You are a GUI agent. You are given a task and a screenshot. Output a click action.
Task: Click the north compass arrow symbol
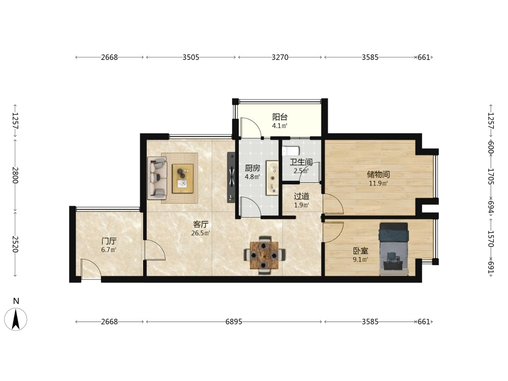(x=16, y=319)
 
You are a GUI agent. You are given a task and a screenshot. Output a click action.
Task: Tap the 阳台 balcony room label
(x=280, y=117)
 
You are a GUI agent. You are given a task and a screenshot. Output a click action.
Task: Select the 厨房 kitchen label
(x=252, y=168)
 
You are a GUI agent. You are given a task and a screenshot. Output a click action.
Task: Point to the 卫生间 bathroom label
(x=301, y=162)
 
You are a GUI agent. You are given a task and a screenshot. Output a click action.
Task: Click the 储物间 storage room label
(x=378, y=175)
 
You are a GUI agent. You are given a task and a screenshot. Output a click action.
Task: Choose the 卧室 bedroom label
(x=361, y=251)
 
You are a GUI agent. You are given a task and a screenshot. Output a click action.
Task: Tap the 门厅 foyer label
(x=109, y=241)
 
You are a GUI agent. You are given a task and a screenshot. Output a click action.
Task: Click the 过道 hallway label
(x=301, y=196)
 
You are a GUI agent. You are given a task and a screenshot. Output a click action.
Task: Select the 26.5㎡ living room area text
(x=201, y=233)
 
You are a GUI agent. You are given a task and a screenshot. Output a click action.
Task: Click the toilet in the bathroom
(x=290, y=151)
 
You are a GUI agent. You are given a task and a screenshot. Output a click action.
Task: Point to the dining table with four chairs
(x=265, y=256)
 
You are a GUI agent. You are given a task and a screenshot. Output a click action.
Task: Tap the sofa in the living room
(x=157, y=178)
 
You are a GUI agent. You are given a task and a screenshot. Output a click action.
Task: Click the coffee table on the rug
(x=183, y=178)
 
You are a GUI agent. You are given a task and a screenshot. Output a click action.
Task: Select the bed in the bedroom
(x=394, y=249)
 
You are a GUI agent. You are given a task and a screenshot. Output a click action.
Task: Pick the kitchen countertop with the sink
(x=273, y=178)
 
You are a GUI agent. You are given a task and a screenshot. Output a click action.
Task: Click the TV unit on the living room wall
(x=231, y=177)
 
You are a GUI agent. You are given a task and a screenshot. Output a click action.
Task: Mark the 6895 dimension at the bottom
(x=234, y=322)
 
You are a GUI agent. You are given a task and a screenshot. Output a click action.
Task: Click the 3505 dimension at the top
(x=191, y=57)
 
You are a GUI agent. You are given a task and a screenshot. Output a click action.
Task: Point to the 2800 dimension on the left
(x=15, y=175)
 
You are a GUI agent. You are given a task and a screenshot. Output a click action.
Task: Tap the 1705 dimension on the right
(x=491, y=176)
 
